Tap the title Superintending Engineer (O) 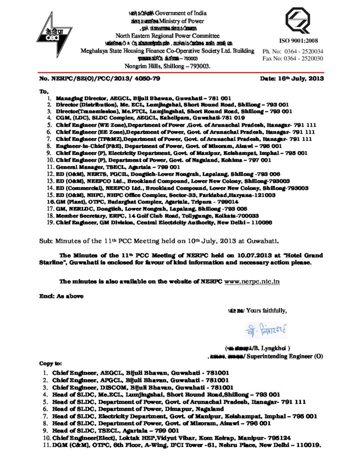coord(282,356)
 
